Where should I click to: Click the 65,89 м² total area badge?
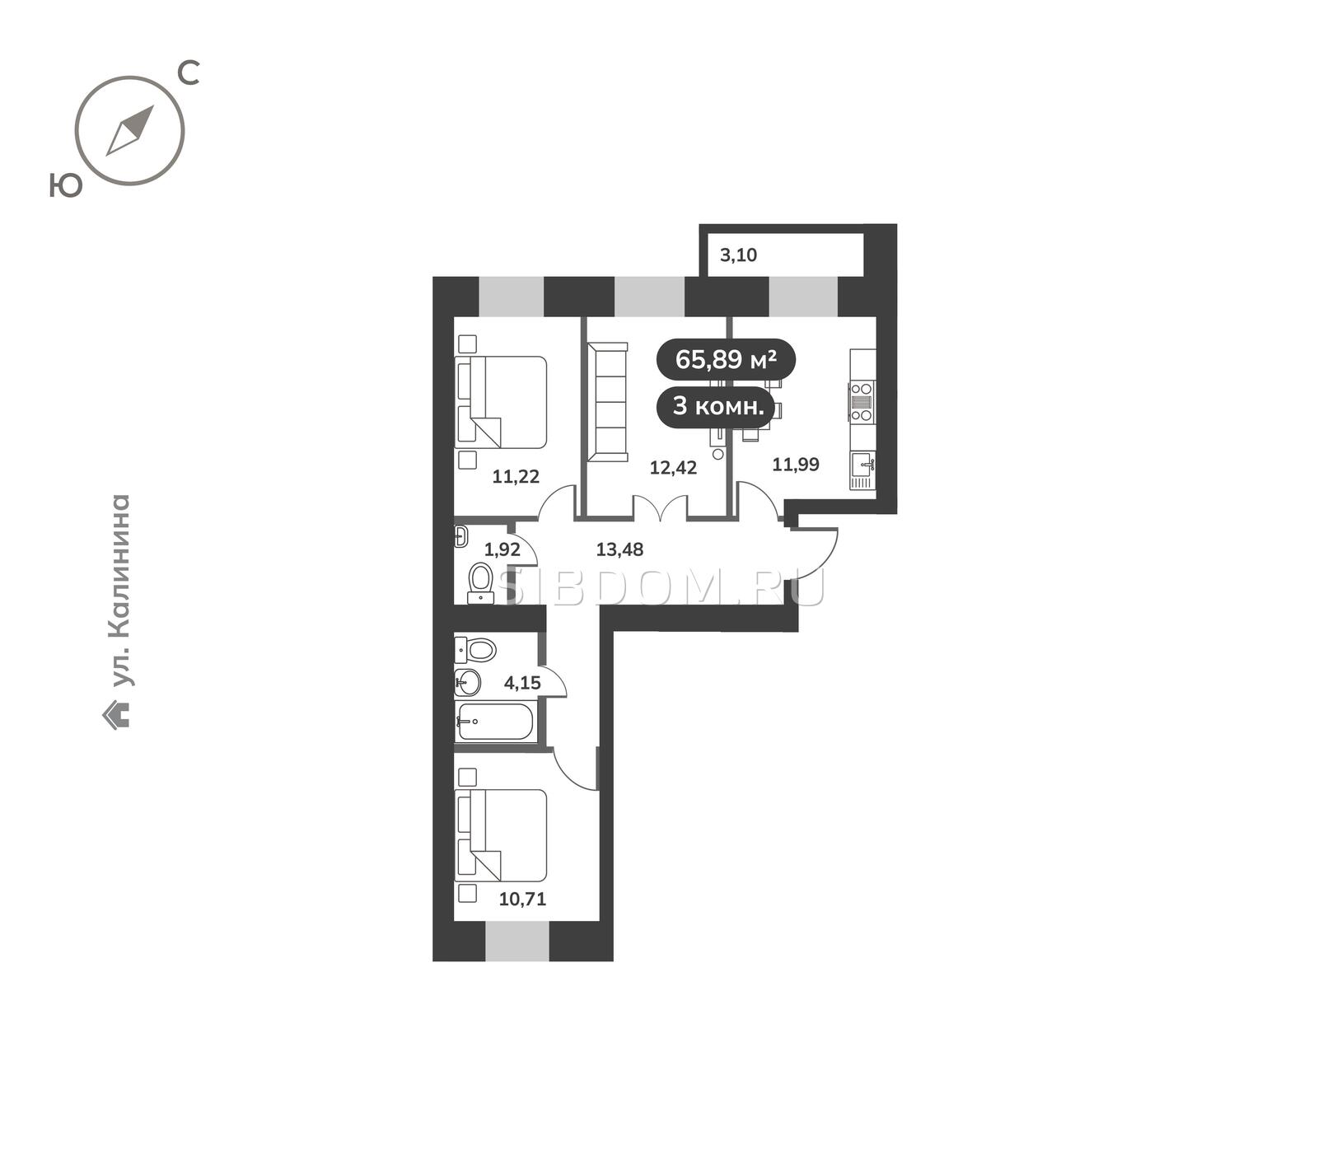(726, 360)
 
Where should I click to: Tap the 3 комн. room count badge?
(715, 406)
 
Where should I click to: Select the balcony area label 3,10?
(738, 255)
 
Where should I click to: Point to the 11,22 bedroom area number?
(516, 476)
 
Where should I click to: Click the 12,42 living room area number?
(673, 468)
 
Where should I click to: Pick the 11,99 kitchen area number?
(796, 465)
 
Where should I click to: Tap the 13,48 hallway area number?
(619, 549)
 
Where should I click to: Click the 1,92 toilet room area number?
(502, 549)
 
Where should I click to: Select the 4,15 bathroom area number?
(522, 683)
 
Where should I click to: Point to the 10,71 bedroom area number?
(522, 900)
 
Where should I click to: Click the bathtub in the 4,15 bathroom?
(495, 722)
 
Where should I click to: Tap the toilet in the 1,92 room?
(479, 582)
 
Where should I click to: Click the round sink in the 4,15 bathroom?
(467, 683)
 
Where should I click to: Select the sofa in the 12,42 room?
(607, 404)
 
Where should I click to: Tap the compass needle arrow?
(130, 130)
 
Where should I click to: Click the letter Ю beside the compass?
(66, 186)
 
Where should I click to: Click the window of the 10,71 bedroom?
(517, 942)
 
